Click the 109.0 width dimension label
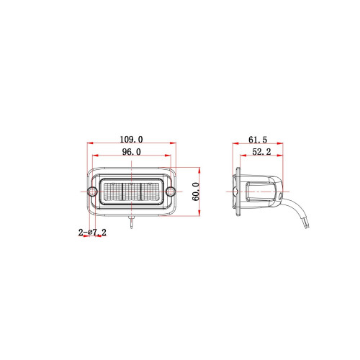coord(131,139)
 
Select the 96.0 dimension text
coord(131,152)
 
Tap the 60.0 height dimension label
coord(196,192)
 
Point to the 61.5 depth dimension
coord(258,140)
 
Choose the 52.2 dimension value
coord(261,152)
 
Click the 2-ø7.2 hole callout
coord(92,232)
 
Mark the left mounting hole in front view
coord(92,192)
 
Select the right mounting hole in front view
coord(170,192)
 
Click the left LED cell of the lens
coord(113,192)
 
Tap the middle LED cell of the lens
coord(132,192)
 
